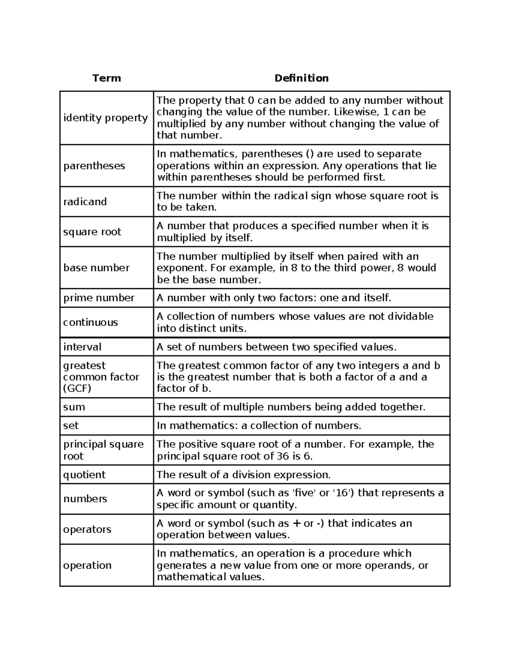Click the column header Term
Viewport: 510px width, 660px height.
tap(107, 78)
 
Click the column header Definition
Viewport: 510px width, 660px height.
tap(301, 78)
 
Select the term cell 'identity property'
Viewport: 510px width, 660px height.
tap(105, 118)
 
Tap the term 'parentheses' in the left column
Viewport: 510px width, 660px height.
tap(94, 166)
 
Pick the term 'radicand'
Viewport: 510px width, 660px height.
tap(85, 201)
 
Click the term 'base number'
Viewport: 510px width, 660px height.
tap(96, 268)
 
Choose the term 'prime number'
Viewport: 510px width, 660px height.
tap(99, 298)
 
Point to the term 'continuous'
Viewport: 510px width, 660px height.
tap(91, 322)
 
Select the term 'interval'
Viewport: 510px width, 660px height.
tap(82, 347)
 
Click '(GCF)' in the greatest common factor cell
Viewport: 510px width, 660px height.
tap(77, 388)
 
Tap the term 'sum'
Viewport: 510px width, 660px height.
tap(74, 407)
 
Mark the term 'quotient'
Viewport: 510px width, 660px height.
tap(85, 475)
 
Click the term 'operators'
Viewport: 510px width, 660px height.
tap(87, 530)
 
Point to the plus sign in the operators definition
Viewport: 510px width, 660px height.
tap(297, 524)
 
